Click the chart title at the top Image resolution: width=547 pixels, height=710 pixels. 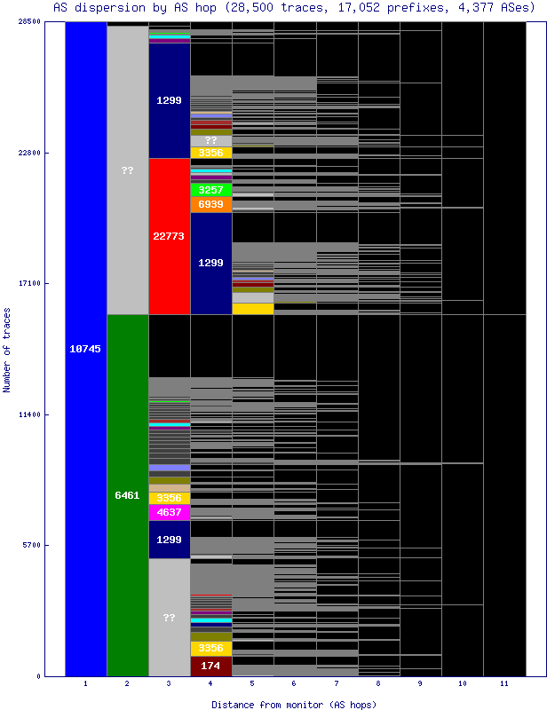tap(293, 7)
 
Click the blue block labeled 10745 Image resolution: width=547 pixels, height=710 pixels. tap(85, 349)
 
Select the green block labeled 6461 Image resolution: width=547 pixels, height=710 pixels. tap(127, 494)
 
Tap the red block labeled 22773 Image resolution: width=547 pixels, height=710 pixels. tap(169, 236)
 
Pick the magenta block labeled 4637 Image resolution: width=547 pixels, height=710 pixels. tap(169, 512)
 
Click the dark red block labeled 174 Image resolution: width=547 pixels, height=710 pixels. tap(210, 665)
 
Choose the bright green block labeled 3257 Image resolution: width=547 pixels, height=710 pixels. tap(210, 190)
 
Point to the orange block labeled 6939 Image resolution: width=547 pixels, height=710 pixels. tap(210, 204)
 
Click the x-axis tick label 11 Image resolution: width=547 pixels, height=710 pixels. tap(503, 684)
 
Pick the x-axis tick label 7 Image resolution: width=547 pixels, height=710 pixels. tap(337, 684)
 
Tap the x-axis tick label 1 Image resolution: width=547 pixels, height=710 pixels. tap(85, 684)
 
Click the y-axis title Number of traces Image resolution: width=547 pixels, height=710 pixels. tap(7, 350)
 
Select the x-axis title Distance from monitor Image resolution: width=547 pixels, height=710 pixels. tap(293, 704)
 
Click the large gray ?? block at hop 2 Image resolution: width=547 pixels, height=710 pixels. tap(127, 170)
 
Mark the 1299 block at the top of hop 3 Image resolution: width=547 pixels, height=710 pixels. tap(169, 100)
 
